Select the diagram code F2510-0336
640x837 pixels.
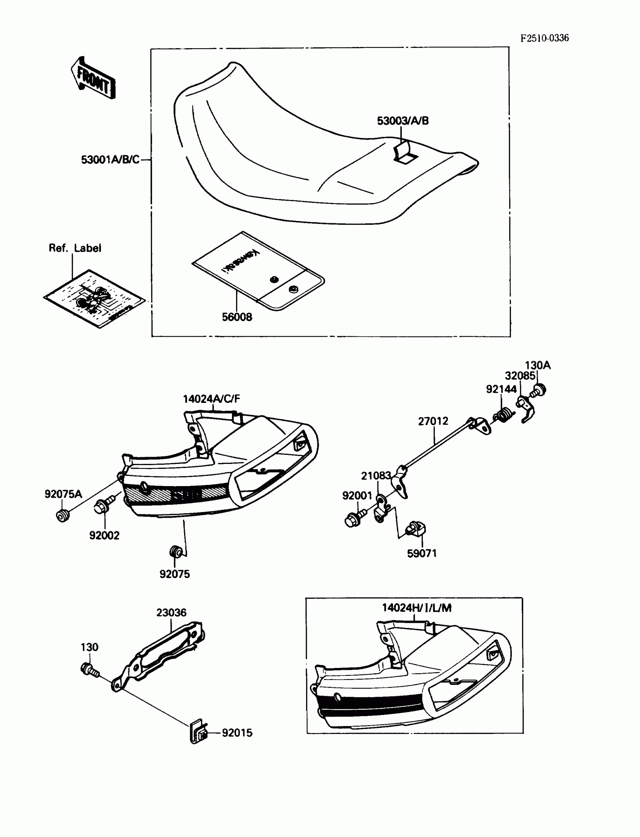[x=544, y=38]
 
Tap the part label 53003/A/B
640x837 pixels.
[x=403, y=121]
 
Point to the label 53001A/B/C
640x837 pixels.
[x=110, y=160]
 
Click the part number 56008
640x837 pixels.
[x=237, y=317]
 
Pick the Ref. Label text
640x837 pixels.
[x=75, y=248]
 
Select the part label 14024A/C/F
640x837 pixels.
[x=212, y=399]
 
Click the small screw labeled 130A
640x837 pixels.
[x=539, y=390]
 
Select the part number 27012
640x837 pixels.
[x=433, y=421]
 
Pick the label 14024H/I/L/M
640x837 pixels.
[x=417, y=608]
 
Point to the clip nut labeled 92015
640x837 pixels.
[x=198, y=732]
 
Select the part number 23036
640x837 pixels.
[x=171, y=613]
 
